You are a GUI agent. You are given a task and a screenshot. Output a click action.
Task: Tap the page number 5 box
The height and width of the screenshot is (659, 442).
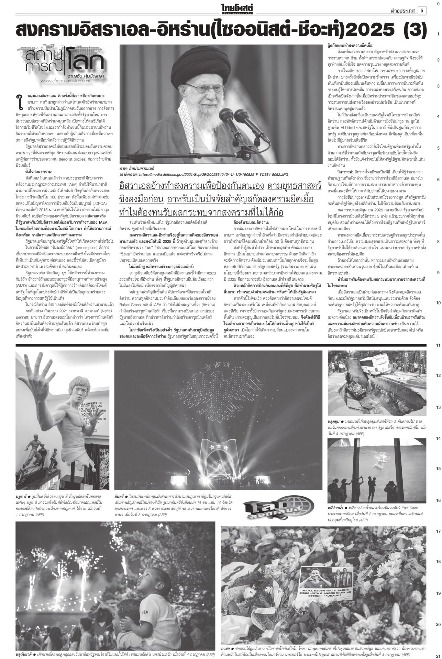pos(422,11)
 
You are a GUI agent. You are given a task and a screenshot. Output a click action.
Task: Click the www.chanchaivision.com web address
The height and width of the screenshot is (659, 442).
pos(65,81)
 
